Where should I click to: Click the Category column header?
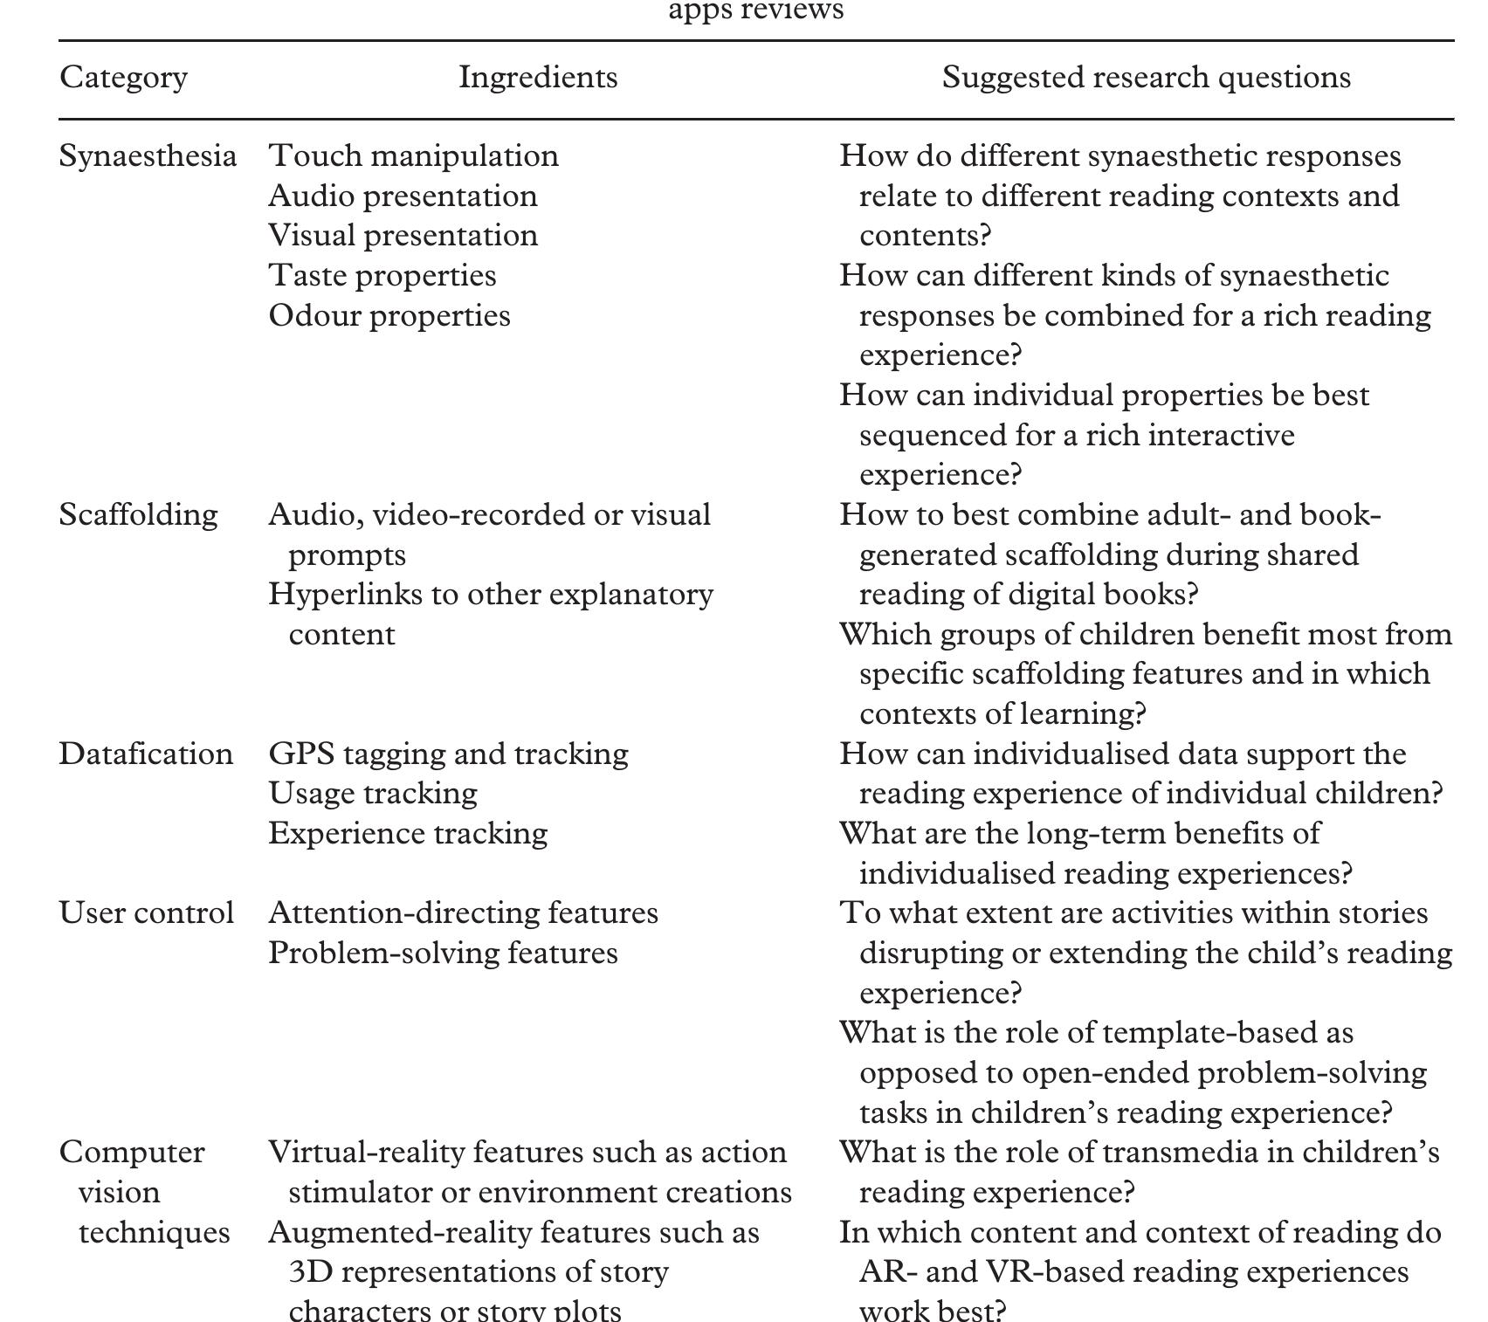pos(123,78)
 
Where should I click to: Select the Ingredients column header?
pos(538,78)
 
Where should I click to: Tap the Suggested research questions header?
pos(1146,78)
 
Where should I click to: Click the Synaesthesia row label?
pos(148,156)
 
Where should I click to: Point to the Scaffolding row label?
pos(138,515)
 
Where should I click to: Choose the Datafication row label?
pos(146,754)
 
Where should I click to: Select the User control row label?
pos(146,913)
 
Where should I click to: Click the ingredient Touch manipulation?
pos(413,156)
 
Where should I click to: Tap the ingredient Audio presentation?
pos(403,196)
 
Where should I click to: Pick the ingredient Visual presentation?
pos(403,236)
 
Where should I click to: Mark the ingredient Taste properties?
pos(382,276)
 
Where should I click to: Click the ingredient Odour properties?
pos(389,316)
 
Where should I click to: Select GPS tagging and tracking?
pos(448,754)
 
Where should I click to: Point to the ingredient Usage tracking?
pos(373,794)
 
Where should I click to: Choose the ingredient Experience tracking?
pos(408,834)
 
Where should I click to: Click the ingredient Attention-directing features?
pos(463,913)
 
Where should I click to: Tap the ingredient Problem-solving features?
pos(443,953)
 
